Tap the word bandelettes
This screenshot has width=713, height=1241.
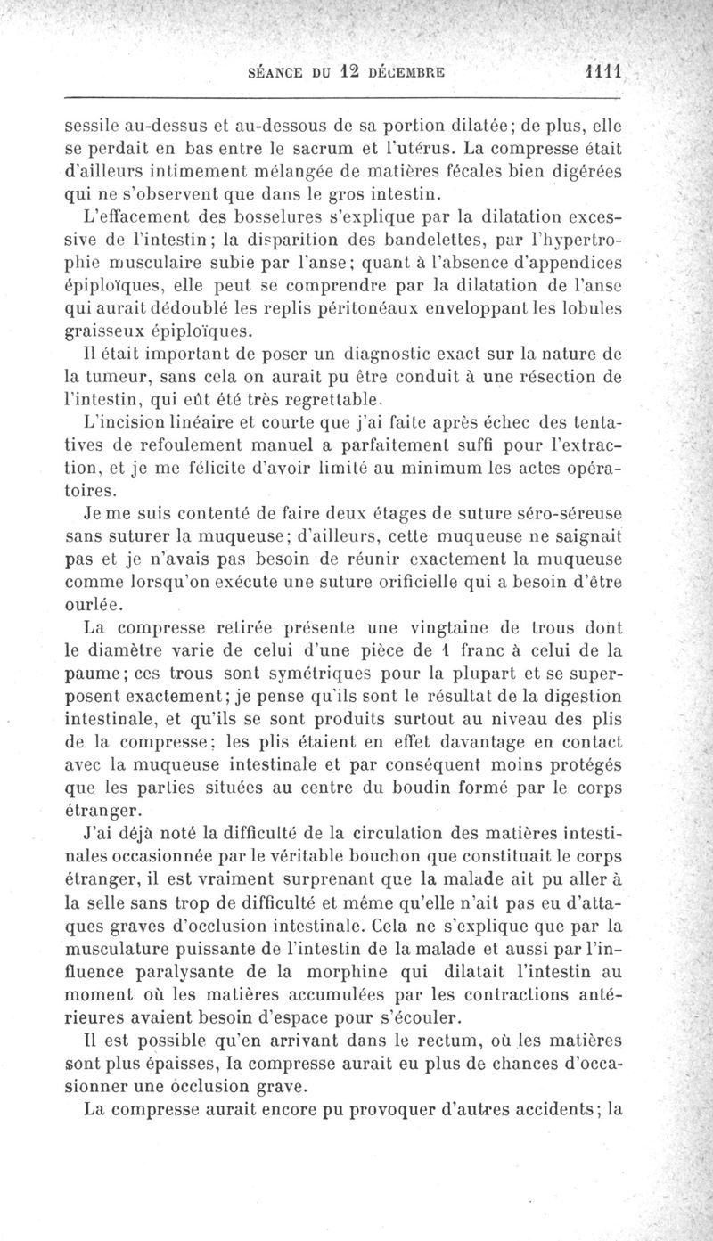(436, 241)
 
